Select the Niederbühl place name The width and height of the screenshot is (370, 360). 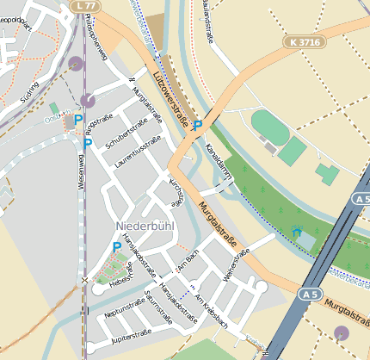(144, 226)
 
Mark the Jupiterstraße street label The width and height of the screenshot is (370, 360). (132, 333)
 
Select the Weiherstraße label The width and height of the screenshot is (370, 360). (235, 265)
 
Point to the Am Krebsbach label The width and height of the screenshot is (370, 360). (210, 309)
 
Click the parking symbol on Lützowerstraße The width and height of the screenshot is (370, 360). (197, 126)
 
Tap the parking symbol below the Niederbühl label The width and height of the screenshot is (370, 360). (117, 247)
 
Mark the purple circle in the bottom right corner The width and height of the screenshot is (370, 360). (342, 332)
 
